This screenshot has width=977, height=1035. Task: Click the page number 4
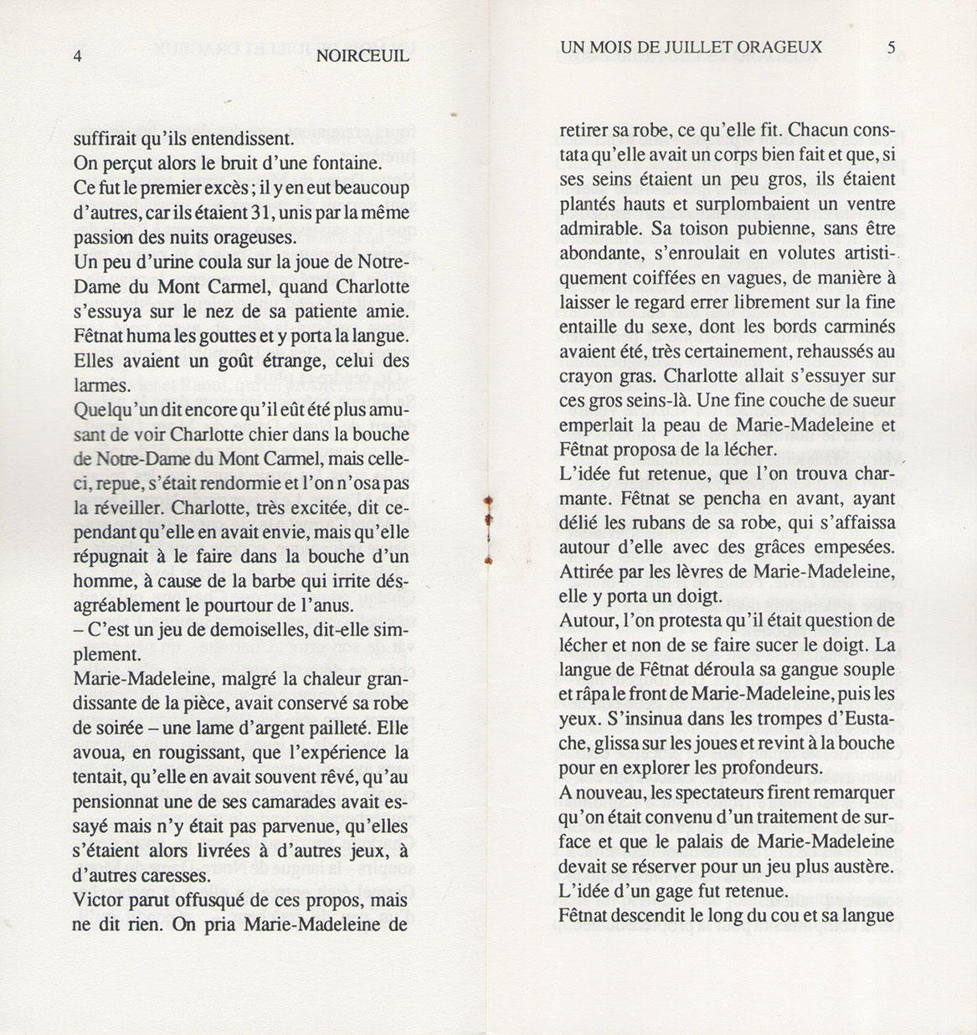tap(78, 57)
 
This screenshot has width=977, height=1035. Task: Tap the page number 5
tap(892, 47)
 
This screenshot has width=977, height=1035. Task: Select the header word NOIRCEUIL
tap(363, 57)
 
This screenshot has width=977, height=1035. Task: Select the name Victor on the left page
tap(99, 901)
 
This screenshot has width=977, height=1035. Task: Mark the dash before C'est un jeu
tap(78, 630)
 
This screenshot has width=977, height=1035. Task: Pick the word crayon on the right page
tap(588, 376)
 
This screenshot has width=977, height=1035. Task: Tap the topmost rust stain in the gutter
tap(488, 502)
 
